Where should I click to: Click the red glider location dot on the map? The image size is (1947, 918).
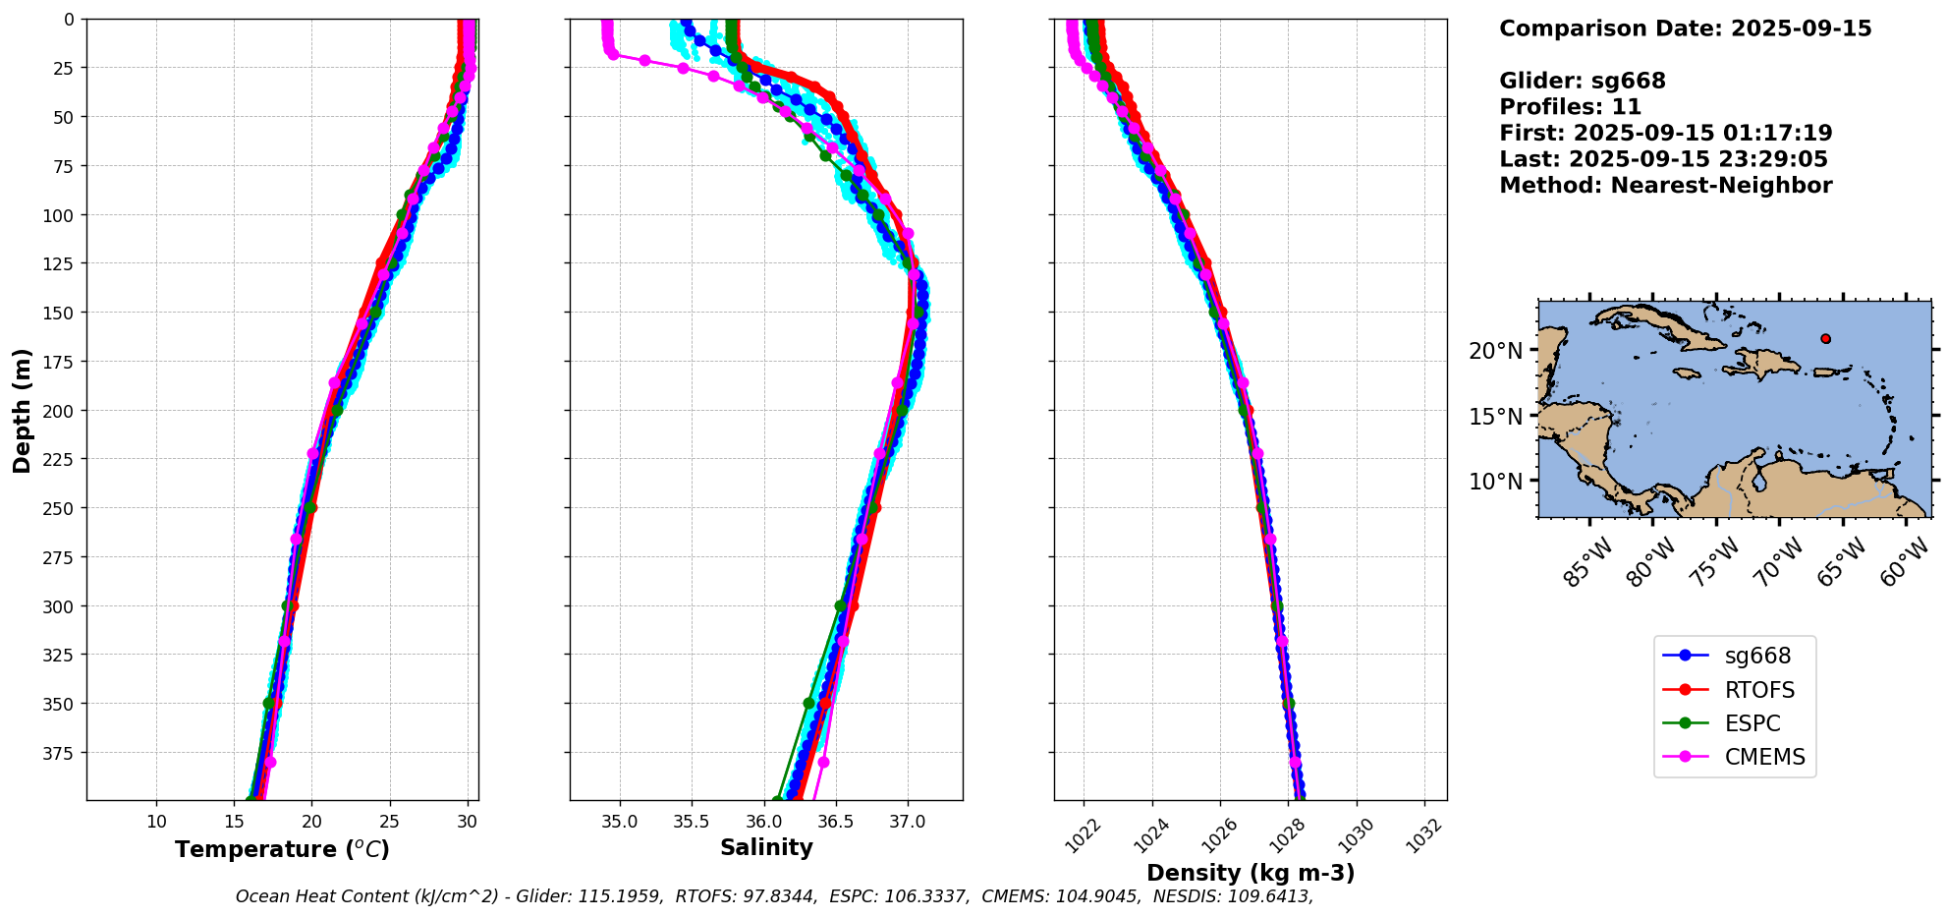(x=1825, y=339)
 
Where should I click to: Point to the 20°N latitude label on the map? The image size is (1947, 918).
(x=1495, y=351)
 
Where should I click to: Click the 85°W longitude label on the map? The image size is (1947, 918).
(x=1587, y=563)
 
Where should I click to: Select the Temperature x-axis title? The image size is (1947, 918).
(x=282, y=849)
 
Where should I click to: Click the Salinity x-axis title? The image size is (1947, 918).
(x=766, y=847)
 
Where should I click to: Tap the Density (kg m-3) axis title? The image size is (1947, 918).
(x=1251, y=873)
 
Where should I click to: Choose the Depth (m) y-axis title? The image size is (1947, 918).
(x=22, y=410)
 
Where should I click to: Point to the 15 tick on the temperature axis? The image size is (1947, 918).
(x=235, y=822)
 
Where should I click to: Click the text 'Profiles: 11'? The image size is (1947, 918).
(x=1570, y=107)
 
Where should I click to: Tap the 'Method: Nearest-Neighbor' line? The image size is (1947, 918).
(x=1665, y=186)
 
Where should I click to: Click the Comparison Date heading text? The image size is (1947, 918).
(x=1685, y=29)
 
